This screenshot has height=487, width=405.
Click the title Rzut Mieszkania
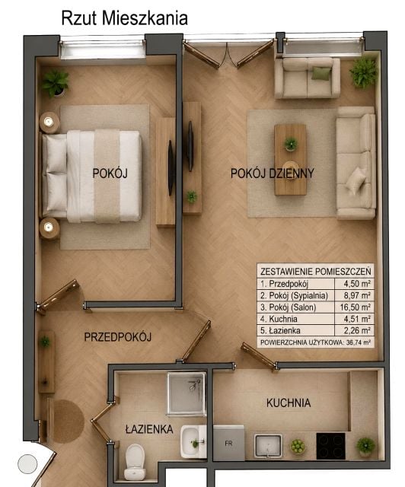click(124, 18)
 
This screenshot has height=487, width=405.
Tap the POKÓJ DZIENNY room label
click(273, 173)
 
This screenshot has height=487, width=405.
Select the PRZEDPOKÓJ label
click(118, 337)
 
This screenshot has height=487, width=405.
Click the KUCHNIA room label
click(289, 403)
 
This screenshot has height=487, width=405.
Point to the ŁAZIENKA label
click(149, 429)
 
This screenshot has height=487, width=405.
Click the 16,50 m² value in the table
click(355, 307)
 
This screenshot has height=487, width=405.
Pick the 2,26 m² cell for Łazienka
click(357, 330)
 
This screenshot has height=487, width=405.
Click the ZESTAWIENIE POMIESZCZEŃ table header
click(315, 272)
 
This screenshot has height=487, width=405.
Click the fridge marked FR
click(229, 443)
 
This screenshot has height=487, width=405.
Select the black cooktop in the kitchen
click(330, 446)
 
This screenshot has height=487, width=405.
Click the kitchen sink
click(268, 446)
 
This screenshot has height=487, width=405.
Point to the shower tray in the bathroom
click(187, 393)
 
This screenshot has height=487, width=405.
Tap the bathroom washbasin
click(193, 441)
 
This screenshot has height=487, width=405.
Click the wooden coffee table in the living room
click(291, 160)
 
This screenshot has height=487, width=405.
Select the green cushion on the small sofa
click(320, 74)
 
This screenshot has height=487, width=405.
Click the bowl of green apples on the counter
click(298, 447)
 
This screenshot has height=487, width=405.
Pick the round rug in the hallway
click(69, 421)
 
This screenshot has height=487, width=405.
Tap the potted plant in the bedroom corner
click(56, 83)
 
